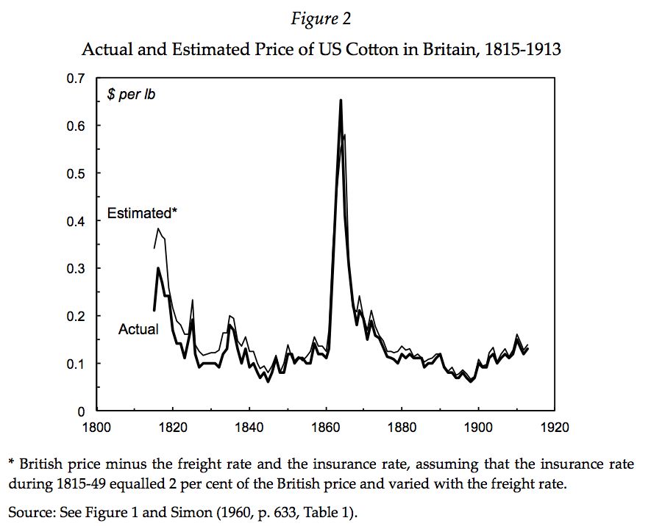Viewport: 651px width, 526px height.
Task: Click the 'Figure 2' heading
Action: click(x=324, y=20)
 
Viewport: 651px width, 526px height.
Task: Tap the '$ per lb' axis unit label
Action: click(x=132, y=96)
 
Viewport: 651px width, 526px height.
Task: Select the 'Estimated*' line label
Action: click(x=143, y=213)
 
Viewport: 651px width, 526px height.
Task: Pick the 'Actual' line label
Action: click(x=138, y=329)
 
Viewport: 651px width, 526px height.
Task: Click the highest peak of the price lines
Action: click(x=341, y=101)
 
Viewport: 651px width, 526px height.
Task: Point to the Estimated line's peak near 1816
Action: click(x=157, y=229)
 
